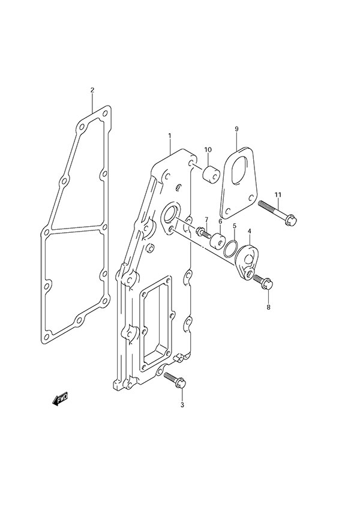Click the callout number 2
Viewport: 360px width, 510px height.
pos(92,91)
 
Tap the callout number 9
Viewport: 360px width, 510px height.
pos(236,129)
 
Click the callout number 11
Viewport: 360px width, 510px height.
pos(278,193)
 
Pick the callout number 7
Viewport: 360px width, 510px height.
pos(206,220)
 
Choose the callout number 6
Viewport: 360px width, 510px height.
pos(220,221)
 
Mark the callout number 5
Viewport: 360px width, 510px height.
pos(235,226)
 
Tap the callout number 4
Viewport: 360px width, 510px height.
pos(250,231)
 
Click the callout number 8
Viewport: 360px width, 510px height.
pos(269,307)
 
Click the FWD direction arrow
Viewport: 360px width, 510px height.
pos(59,399)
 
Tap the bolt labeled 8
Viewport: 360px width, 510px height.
pos(263,280)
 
